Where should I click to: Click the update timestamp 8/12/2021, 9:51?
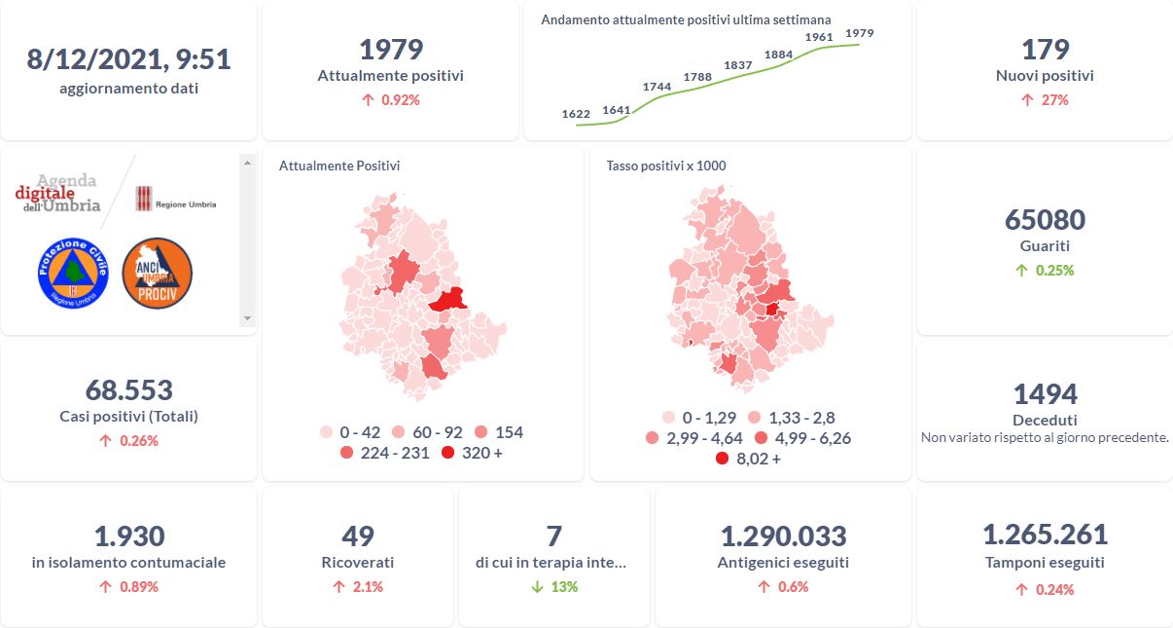[128, 59]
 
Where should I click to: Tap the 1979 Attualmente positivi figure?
[390, 50]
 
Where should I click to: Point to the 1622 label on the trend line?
[576, 114]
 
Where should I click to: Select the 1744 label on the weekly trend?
[658, 87]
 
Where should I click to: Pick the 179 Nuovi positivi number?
[1045, 50]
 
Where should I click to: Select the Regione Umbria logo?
[175, 199]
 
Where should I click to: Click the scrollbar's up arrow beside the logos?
[246, 162]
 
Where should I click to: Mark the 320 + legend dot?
[447, 453]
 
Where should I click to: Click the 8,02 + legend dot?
[722, 459]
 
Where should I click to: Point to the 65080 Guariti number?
[1045, 219]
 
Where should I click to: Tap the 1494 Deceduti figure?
[1045, 393]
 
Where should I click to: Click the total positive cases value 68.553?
[128, 390]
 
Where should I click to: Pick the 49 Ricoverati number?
[358, 536]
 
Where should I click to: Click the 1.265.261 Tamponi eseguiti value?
[1045, 535]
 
